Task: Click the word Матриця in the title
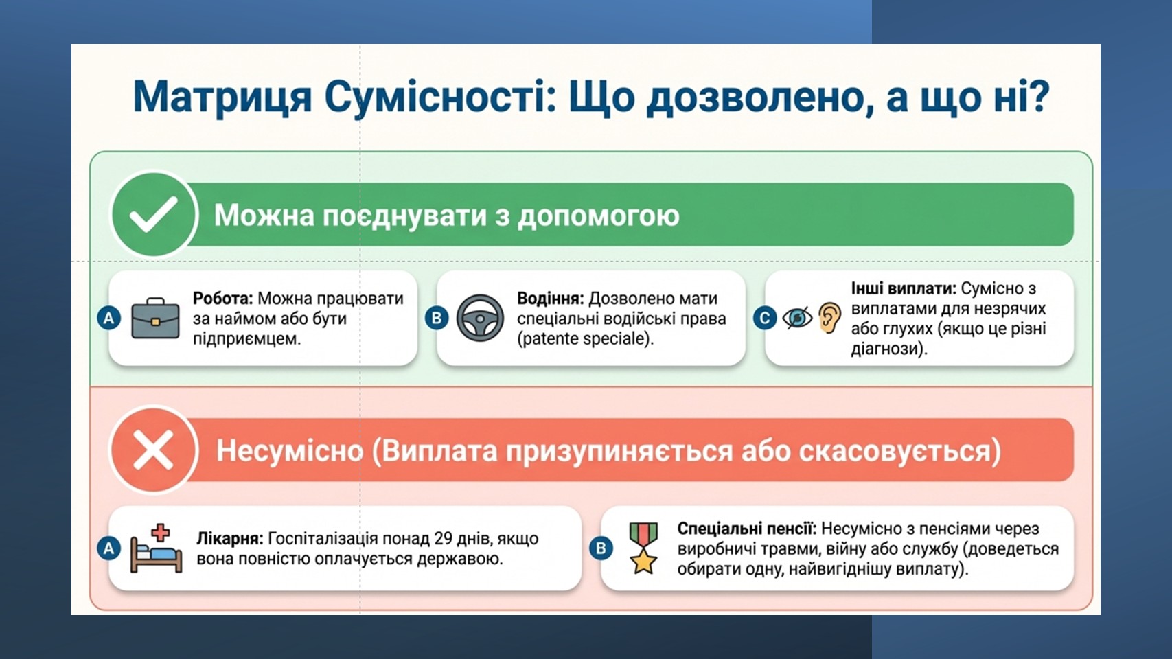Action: pos(222,97)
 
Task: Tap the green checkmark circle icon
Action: pos(154,214)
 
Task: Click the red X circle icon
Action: pos(154,450)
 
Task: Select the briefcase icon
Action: pos(155,319)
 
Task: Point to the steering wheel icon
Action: pos(480,318)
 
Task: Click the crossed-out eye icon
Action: pos(797,318)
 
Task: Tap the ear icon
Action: pos(830,318)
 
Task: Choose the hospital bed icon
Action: pos(156,548)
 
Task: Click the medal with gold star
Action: pos(643,548)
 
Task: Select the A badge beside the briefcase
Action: pos(109,318)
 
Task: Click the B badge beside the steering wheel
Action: pos(437,318)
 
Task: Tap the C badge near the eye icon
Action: pos(764,318)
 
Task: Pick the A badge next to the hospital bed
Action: pos(109,548)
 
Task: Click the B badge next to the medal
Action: pos(601,548)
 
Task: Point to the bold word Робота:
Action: pos(223,299)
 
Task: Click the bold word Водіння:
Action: pos(551,299)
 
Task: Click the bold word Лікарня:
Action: pos(230,539)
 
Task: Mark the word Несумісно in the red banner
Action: pos(289,450)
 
